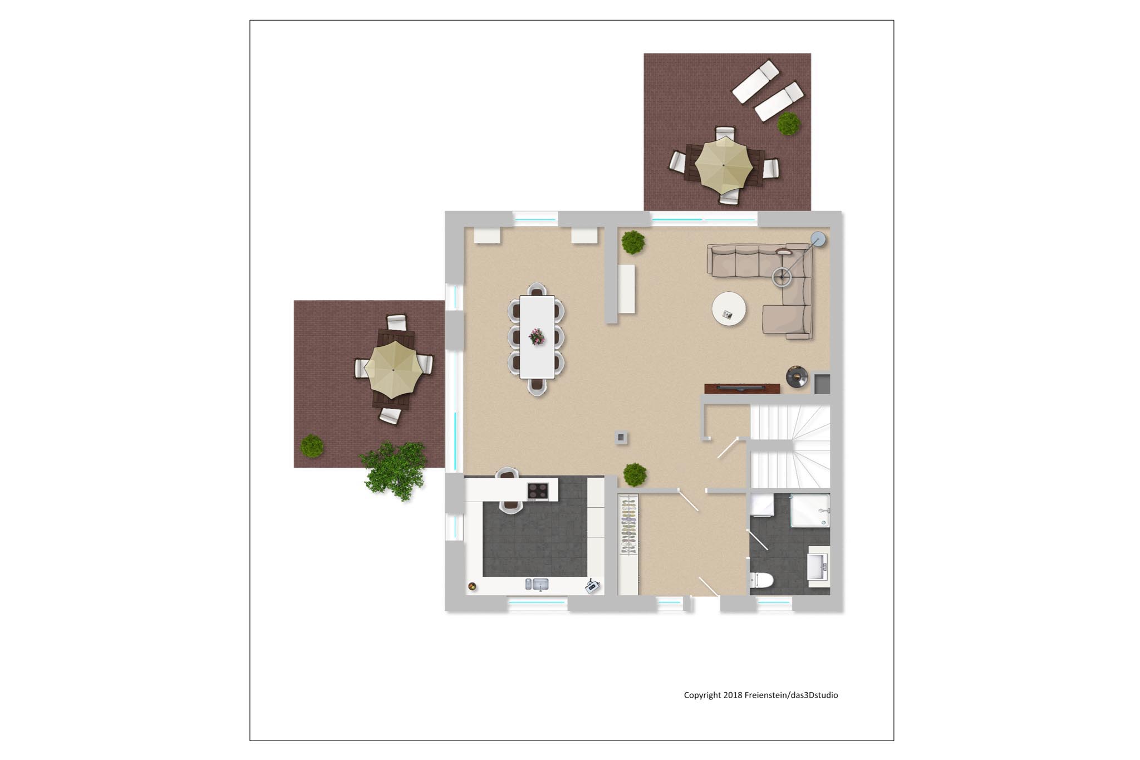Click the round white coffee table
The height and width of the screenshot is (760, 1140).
[x=729, y=308]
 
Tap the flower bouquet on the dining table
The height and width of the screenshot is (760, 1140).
[x=537, y=336]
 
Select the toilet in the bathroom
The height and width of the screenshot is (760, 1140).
[x=761, y=580]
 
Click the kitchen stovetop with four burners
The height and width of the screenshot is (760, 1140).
[x=538, y=491]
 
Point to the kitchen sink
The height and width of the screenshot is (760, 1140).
[x=537, y=584]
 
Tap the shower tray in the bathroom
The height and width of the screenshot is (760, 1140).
[x=810, y=511]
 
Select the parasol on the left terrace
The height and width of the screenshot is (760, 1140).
[x=394, y=370]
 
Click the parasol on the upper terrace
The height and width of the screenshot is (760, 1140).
[x=724, y=165]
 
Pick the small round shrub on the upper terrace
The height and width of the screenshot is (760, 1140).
[x=789, y=124]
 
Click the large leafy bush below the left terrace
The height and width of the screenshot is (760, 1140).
[x=394, y=470]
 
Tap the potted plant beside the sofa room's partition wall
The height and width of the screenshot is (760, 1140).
[x=633, y=242]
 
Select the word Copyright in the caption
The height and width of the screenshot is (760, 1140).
[x=702, y=695]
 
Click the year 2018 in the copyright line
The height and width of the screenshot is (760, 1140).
[x=733, y=695]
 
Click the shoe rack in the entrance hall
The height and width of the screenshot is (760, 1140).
[x=628, y=526]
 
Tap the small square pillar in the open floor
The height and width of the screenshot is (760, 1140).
[x=621, y=438]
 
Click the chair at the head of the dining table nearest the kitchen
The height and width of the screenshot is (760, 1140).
[x=537, y=386]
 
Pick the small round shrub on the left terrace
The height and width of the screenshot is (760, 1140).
[x=312, y=446]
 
